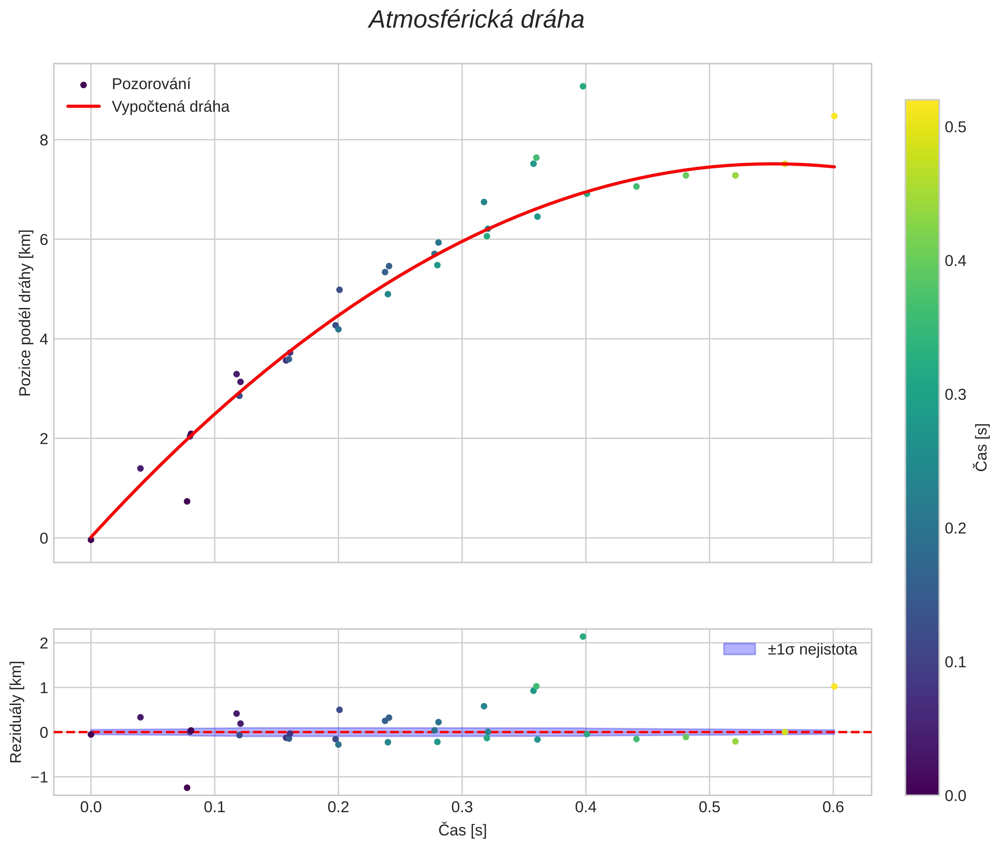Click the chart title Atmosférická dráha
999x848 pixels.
click(476, 20)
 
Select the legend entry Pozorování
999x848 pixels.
click(151, 84)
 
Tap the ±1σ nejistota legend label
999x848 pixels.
click(812, 650)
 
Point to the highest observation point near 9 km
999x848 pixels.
click(582, 87)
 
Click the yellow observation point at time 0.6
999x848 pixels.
click(834, 116)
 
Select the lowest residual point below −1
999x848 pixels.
click(187, 787)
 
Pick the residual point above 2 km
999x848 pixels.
click(582, 636)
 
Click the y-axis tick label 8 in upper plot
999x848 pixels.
click(44, 140)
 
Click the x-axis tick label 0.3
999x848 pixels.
click(462, 807)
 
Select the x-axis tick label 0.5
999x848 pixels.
click(709, 807)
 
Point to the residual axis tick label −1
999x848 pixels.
click(39, 777)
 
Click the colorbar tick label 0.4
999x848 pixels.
click(955, 261)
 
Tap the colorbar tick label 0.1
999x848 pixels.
click(955, 662)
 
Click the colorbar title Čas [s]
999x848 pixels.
click(982, 447)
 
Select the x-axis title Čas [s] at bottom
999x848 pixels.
click(462, 830)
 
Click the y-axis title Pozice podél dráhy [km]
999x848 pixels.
click(25, 313)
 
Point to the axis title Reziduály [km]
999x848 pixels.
click(16, 712)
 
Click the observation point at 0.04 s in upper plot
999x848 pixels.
click(140, 468)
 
